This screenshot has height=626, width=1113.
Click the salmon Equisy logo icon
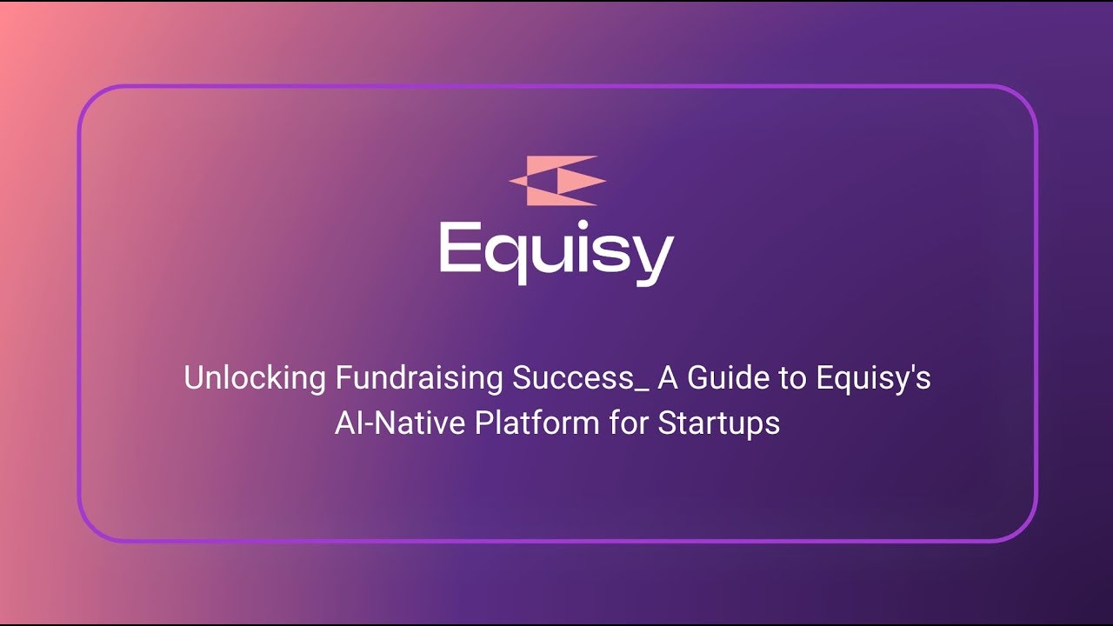click(x=557, y=181)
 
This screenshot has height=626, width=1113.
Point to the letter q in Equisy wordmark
click(x=506, y=256)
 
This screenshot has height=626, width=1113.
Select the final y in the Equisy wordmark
click(x=653, y=257)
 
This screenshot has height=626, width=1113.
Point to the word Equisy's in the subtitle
click(x=873, y=379)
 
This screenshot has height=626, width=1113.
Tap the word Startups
click(x=718, y=423)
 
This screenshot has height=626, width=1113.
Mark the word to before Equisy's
click(x=796, y=379)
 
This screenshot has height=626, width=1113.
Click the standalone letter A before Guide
click(x=667, y=379)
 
